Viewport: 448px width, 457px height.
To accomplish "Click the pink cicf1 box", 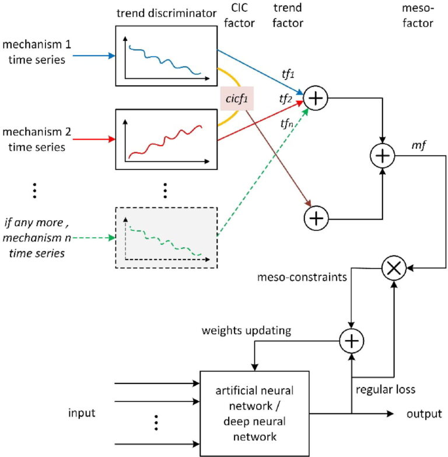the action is click(237, 99).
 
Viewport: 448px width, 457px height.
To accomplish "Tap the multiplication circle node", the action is click(394, 268).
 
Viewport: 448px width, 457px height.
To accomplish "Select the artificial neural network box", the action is click(254, 413).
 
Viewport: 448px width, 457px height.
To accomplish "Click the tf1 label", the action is click(288, 74).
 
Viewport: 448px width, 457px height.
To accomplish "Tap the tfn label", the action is click(286, 124).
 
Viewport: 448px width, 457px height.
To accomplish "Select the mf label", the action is click(419, 145).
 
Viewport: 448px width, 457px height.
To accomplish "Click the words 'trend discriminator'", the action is click(166, 13).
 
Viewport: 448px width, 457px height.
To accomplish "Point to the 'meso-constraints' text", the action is click(302, 277).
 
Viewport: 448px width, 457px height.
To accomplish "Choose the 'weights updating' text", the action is click(246, 331).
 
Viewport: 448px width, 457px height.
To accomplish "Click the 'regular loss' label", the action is click(386, 389).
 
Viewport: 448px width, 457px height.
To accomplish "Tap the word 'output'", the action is click(424, 414).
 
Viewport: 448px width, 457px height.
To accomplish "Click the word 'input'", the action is click(82, 413).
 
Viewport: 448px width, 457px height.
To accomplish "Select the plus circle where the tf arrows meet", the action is click(316, 98).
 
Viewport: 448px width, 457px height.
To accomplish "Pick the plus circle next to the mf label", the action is click(383, 155).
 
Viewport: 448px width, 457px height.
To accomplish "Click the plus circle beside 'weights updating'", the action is click(352, 341).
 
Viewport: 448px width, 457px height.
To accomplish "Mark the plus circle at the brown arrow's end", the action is click(316, 218).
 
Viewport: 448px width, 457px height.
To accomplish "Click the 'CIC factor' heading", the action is click(239, 15).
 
